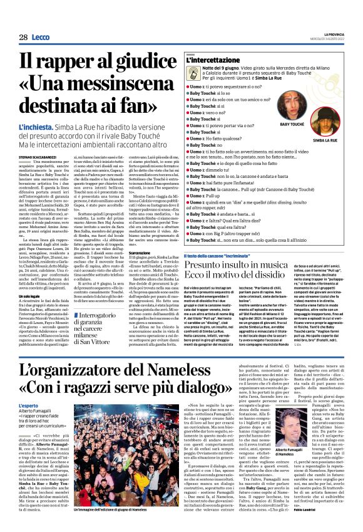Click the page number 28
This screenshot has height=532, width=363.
(x=23, y=38)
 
